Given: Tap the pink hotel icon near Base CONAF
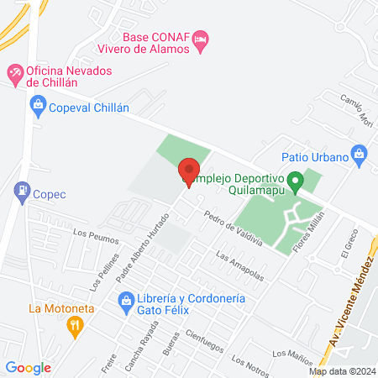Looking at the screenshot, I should click(201, 39).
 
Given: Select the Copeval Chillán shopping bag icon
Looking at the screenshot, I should click(37, 104).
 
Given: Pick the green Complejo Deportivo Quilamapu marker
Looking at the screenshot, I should click(294, 180).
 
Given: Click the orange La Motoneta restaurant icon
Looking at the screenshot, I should click(75, 325).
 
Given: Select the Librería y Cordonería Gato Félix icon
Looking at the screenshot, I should click(126, 298).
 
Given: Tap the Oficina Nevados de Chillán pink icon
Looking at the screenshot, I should click(14, 73).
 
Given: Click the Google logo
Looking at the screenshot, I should click(28, 367).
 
